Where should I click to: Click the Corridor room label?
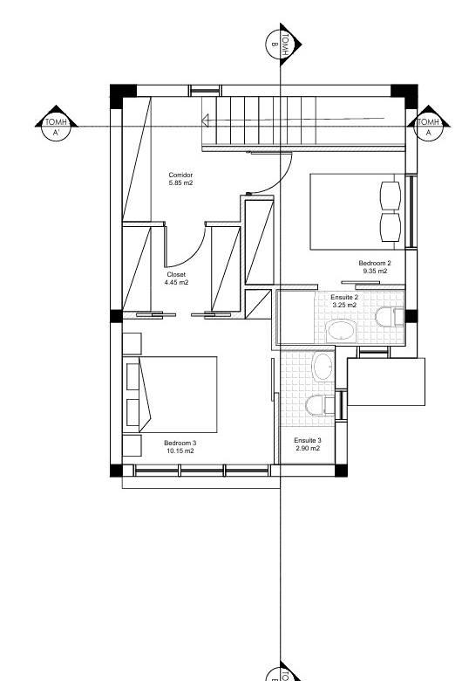coord(180,175)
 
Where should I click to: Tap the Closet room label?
coord(176,274)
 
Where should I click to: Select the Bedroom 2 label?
coord(375,263)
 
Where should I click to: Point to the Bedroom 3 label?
coord(180,443)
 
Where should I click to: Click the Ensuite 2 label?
coord(344,298)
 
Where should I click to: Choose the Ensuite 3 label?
coord(308,440)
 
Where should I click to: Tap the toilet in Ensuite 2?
coord(390,317)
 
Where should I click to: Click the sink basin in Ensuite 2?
coord(342,332)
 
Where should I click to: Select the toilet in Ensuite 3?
coord(320,406)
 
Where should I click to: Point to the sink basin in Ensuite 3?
coord(323,368)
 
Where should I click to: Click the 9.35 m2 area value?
coord(376,271)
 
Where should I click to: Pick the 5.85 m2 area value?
coord(180,182)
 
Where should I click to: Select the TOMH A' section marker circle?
coord(56,127)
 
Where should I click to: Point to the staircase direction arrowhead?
coord(206,120)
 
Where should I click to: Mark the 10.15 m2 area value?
coord(180,451)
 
